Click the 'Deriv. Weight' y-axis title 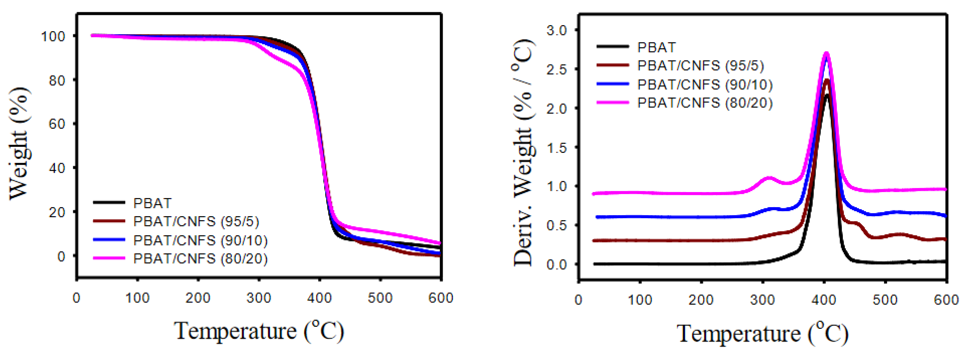click(x=523, y=152)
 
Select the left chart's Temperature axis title click(x=259, y=331)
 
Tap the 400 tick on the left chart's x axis click(x=319, y=298)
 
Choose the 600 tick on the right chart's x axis click(x=946, y=300)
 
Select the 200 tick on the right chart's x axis click(x=701, y=300)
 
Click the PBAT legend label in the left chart click(x=152, y=203)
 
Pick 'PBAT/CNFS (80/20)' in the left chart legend click(x=200, y=259)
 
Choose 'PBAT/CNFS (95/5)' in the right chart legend click(x=700, y=66)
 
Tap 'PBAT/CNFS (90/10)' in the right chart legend click(x=705, y=85)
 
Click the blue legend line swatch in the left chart click(x=109, y=240)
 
